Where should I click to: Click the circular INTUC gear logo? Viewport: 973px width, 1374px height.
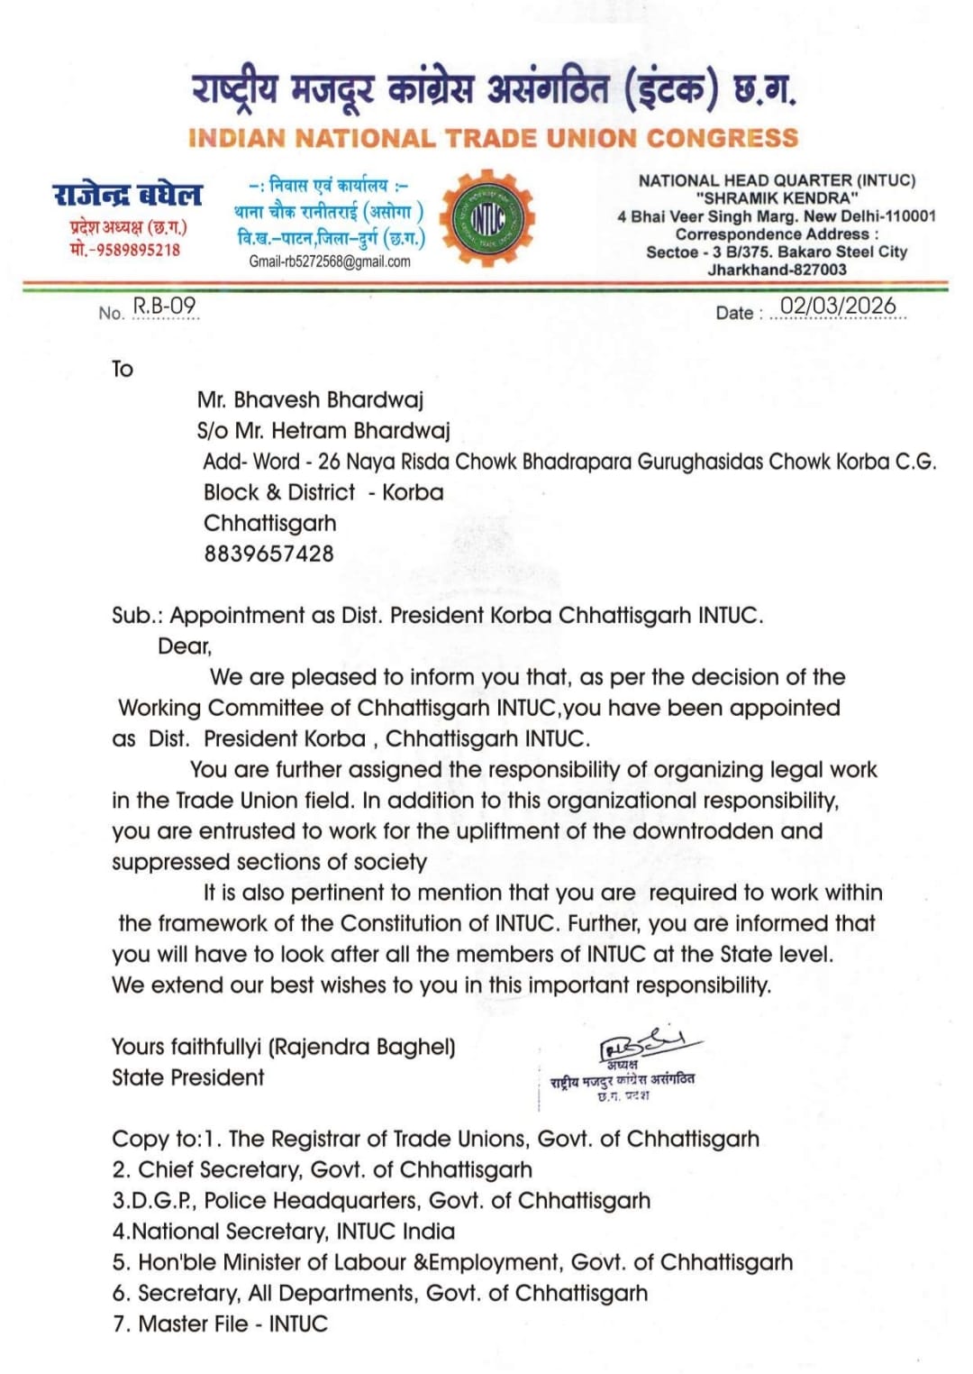click(x=487, y=216)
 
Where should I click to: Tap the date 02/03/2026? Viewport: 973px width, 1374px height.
click(x=838, y=307)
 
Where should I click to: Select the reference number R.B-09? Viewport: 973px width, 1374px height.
click(x=164, y=307)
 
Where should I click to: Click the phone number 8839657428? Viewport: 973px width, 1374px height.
click(x=268, y=554)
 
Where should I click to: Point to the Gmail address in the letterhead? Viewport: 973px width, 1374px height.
click(x=330, y=261)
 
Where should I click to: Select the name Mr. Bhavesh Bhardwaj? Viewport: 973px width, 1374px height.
click(x=310, y=399)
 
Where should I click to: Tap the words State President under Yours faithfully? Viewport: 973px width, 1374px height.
click(x=187, y=1077)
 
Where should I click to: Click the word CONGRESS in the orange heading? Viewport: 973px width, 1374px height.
click(x=723, y=138)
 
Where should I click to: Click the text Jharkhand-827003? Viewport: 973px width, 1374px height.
click(x=777, y=270)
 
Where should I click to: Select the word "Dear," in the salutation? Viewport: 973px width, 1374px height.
click(x=185, y=646)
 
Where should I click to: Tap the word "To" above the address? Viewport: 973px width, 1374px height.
click(x=123, y=369)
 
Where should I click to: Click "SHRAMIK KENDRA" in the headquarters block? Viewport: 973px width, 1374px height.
click(x=777, y=198)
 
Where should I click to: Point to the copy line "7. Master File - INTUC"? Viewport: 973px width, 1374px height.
click(x=220, y=1324)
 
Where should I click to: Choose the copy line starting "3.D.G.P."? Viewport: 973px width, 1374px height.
click(x=381, y=1201)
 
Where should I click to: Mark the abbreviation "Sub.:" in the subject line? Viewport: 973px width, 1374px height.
click(x=137, y=616)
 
